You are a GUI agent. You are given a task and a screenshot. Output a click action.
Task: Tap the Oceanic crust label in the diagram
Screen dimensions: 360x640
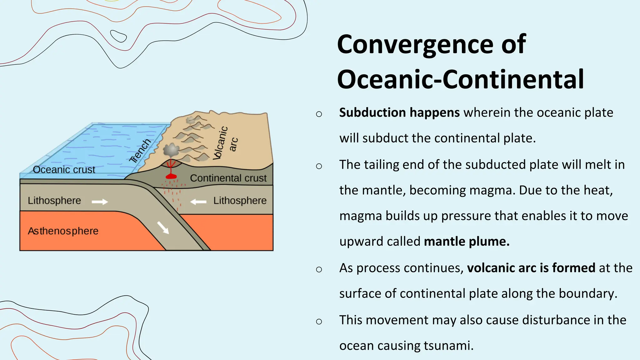click(x=64, y=170)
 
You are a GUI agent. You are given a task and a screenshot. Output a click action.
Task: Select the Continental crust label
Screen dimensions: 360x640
click(x=228, y=178)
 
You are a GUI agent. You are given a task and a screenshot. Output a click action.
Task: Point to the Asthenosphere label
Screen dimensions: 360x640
click(x=63, y=231)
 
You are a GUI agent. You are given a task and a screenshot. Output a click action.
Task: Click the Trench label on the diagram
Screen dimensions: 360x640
click(x=140, y=151)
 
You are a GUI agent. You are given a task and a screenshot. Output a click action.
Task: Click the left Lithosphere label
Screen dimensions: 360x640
click(x=54, y=201)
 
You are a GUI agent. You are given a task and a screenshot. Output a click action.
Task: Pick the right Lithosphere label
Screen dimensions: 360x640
click(x=240, y=201)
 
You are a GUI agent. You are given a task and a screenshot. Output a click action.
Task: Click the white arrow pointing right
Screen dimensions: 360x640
click(x=100, y=202)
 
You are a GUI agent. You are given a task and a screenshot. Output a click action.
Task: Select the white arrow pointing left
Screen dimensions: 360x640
click(x=198, y=202)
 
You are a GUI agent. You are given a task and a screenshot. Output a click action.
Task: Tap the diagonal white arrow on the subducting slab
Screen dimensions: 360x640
click(x=163, y=227)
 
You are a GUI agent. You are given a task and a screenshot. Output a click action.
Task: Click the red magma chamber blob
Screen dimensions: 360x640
click(x=171, y=177)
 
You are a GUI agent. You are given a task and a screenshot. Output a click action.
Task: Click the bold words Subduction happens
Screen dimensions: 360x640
click(x=399, y=112)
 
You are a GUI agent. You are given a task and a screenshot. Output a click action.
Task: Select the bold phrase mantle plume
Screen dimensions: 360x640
click(x=467, y=242)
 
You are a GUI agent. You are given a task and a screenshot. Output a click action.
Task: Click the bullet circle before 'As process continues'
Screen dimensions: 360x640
click(x=319, y=269)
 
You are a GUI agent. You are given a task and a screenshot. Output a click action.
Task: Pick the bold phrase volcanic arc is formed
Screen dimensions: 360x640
click(x=531, y=268)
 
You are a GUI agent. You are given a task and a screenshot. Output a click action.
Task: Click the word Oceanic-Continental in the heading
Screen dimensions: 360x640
click(x=460, y=79)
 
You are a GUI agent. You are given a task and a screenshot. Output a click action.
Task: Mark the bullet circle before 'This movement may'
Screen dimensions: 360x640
click(x=319, y=322)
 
